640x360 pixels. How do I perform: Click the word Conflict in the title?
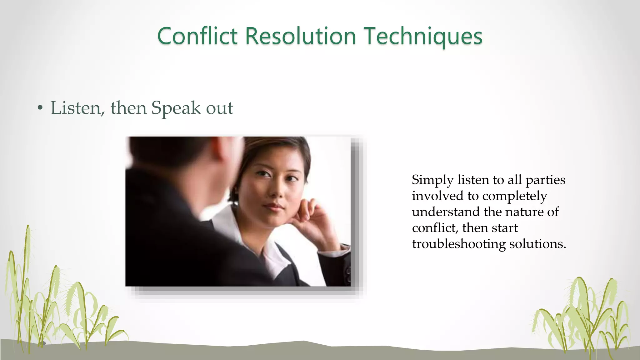coord(197,36)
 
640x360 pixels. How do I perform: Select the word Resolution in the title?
coord(300,36)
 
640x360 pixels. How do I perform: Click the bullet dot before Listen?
coord(40,108)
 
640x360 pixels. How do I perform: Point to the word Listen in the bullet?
coord(76,108)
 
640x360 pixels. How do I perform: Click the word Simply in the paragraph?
coord(432,180)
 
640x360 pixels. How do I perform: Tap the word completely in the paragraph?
coord(514,196)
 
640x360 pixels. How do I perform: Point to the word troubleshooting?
coord(458,244)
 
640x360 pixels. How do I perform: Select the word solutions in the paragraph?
coord(537,244)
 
